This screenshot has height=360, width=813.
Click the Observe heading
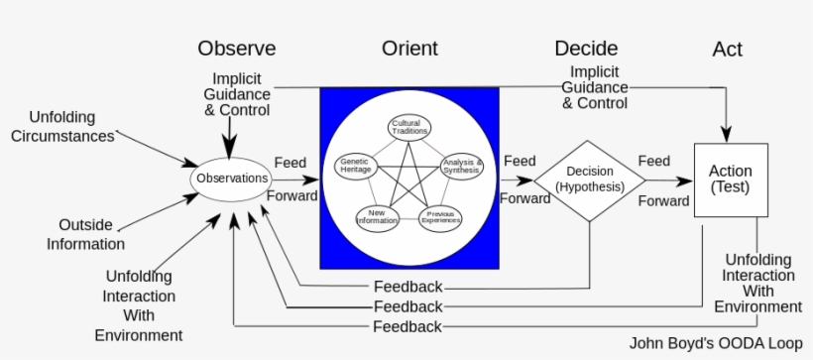pyautogui.click(x=236, y=49)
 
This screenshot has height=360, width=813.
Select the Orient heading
pyautogui.click(x=408, y=49)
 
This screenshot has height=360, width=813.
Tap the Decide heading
pyautogui.click(x=586, y=49)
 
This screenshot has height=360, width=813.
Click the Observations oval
pyautogui.click(x=232, y=179)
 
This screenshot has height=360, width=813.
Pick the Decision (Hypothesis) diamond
pyautogui.click(x=589, y=180)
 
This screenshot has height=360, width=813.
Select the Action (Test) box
pyautogui.click(x=730, y=179)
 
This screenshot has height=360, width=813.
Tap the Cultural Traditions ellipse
pyautogui.click(x=407, y=128)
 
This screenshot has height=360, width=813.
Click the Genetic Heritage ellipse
pyautogui.click(x=356, y=166)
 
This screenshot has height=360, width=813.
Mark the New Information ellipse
pyautogui.click(x=377, y=217)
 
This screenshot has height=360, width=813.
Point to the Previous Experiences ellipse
pyautogui.click(x=439, y=217)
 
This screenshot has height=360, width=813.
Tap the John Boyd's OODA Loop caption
pyautogui.click(x=715, y=343)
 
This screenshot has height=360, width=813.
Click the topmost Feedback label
pyautogui.click(x=407, y=288)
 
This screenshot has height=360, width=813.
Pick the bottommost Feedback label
pyautogui.click(x=407, y=326)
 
